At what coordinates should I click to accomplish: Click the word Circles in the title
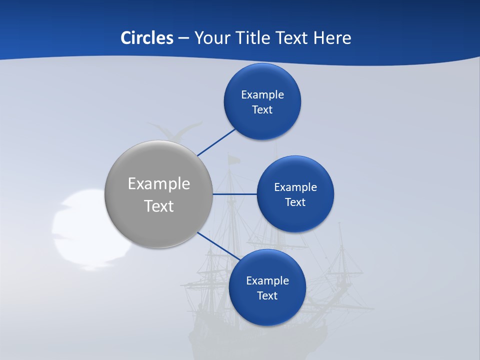tap(146, 38)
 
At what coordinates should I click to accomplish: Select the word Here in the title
tap(332, 38)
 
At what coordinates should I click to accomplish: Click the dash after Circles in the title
tap(183, 38)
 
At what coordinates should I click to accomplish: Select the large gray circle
tap(158, 194)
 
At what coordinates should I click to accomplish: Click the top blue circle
tap(262, 102)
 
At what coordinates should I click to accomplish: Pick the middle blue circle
tap(295, 194)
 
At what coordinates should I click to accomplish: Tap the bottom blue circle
tap(267, 287)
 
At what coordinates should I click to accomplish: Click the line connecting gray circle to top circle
tap(217, 142)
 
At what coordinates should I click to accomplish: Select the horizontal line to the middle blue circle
tap(235, 194)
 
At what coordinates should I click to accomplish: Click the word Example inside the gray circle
tap(158, 183)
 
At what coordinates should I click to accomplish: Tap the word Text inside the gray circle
tap(158, 206)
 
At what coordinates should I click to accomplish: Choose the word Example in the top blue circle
tap(262, 95)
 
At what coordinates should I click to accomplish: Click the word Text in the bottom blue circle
tap(267, 295)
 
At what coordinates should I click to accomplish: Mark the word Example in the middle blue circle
tap(295, 187)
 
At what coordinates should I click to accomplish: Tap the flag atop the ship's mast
tap(233, 159)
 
